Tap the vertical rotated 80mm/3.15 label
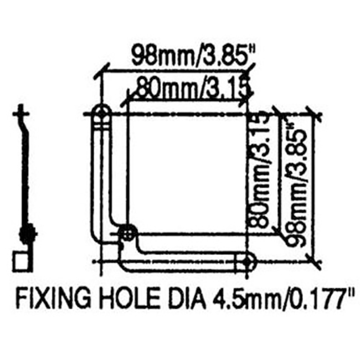click(260, 172)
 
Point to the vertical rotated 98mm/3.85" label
click(294, 180)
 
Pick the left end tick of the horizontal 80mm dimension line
click(128, 99)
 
